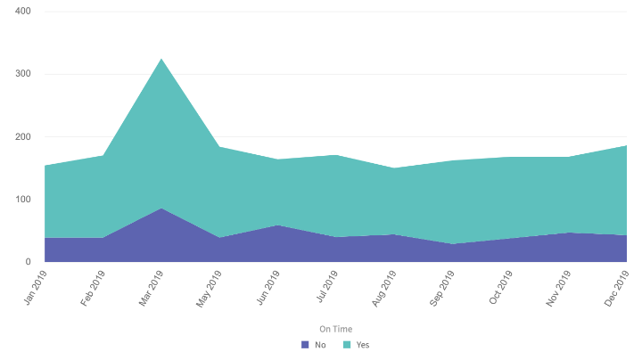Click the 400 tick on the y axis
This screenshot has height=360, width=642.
click(x=23, y=12)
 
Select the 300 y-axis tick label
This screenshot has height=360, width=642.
click(x=23, y=74)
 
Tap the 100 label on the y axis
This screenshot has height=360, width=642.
click(x=23, y=200)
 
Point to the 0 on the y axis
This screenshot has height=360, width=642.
click(x=29, y=262)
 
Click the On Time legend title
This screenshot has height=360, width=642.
click(x=336, y=329)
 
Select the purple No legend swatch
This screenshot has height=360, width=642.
click(x=305, y=345)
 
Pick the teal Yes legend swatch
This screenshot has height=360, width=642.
click(x=346, y=345)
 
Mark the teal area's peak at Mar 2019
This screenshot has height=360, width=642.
click(x=160, y=59)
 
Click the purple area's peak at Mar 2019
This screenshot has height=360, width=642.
click(x=160, y=209)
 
